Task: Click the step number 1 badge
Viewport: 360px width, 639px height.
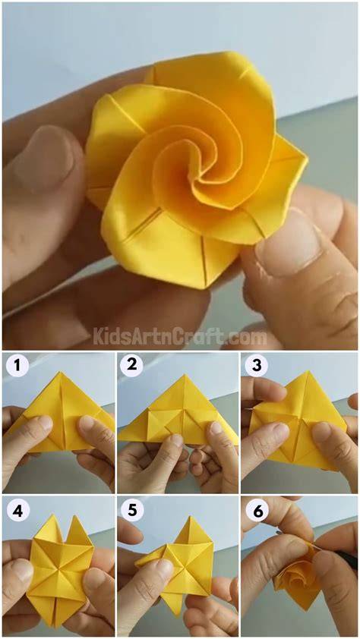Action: pyautogui.click(x=17, y=366)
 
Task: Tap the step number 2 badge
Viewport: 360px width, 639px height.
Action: pyautogui.click(x=131, y=365)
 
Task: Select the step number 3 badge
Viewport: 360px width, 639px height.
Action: pyautogui.click(x=257, y=365)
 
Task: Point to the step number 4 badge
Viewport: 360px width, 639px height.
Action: pyautogui.click(x=17, y=510)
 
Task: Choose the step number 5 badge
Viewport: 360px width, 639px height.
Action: pyautogui.click(x=132, y=510)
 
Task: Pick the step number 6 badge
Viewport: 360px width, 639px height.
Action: pyautogui.click(x=258, y=511)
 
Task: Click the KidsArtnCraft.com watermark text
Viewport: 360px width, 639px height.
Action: pyautogui.click(x=180, y=338)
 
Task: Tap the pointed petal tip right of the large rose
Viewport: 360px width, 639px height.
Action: pyautogui.click(x=307, y=163)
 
